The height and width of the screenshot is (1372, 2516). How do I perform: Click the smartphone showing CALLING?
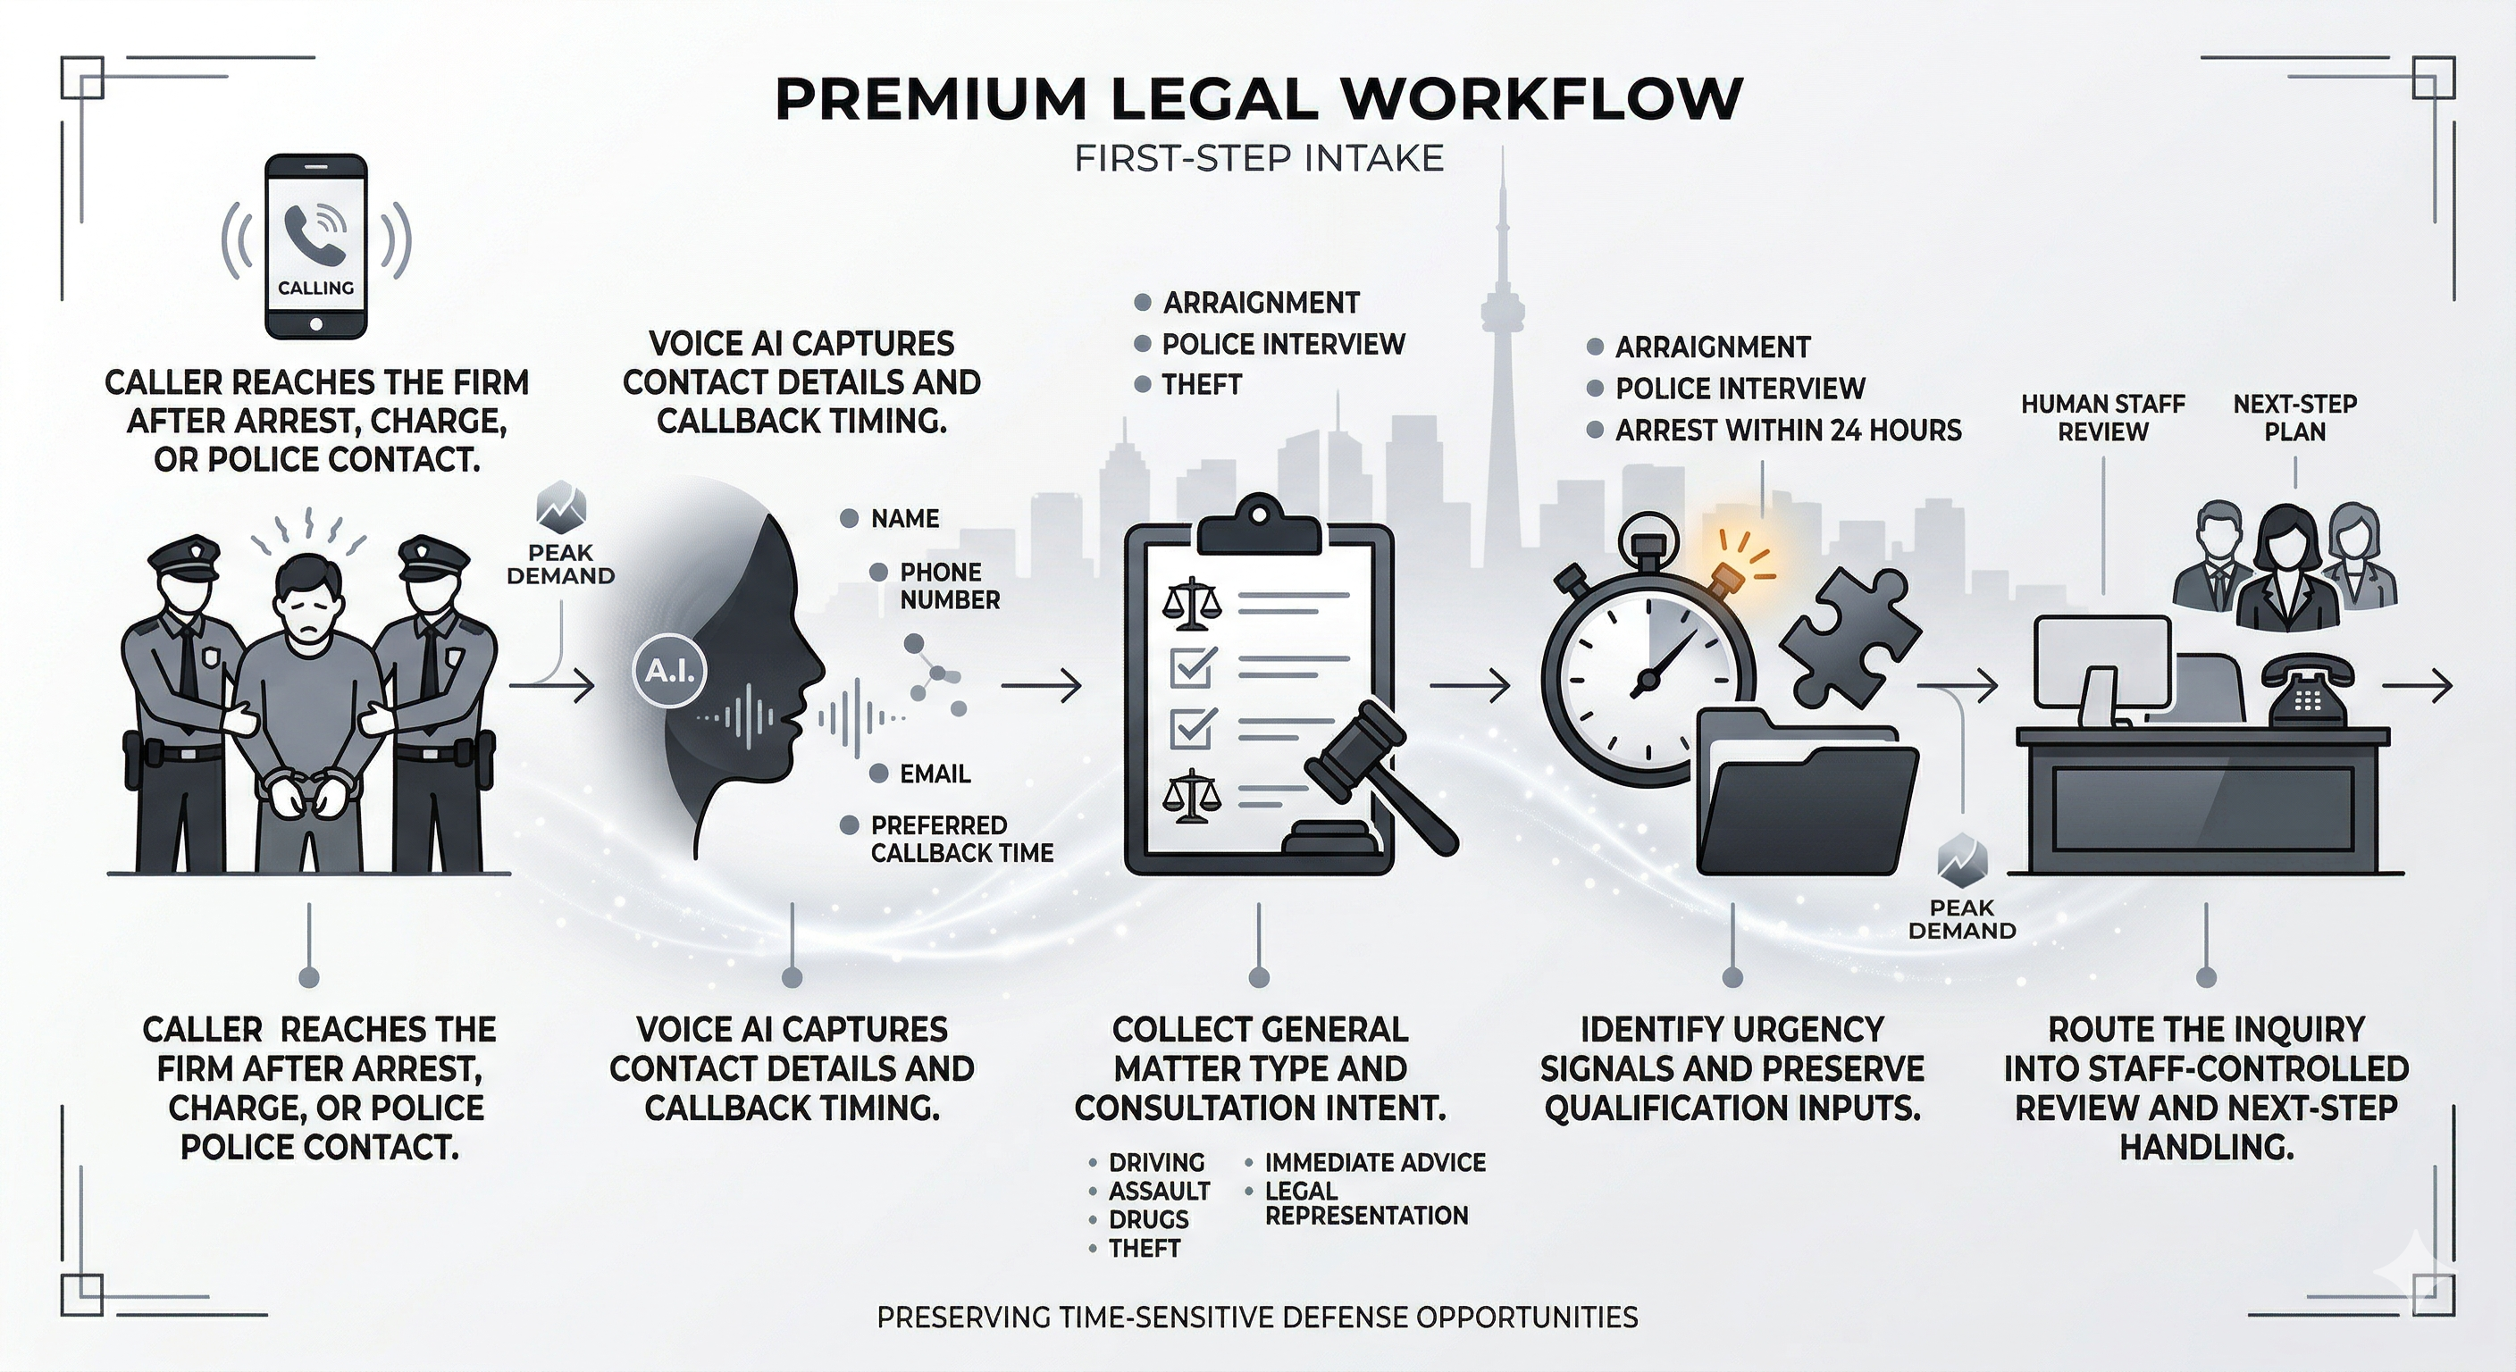tap(316, 246)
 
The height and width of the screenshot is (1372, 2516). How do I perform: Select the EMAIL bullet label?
tap(934, 774)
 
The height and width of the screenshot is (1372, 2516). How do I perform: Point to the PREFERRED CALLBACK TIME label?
tap(961, 839)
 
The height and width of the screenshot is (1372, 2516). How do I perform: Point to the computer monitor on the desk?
tap(2100, 664)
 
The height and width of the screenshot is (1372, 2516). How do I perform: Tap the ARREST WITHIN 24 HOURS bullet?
tap(1787, 430)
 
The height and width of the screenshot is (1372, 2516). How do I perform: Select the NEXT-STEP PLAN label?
tap(2294, 418)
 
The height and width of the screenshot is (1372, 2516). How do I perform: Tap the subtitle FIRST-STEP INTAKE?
tap(1258, 158)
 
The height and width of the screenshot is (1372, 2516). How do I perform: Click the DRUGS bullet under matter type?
tap(1147, 1219)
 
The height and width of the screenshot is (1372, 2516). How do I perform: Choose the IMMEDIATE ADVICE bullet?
tap(1374, 1163)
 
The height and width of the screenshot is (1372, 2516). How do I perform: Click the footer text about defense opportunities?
tap(1257, 1318)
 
